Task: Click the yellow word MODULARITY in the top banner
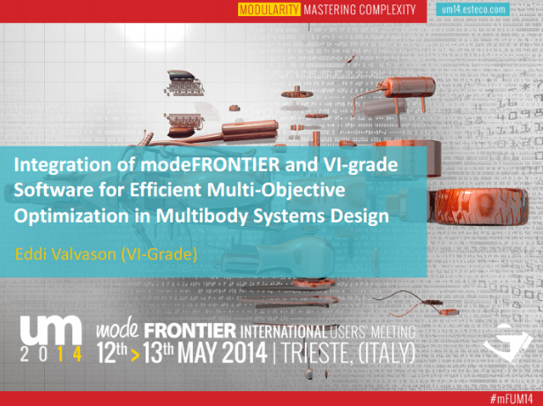269,10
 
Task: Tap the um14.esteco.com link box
473,10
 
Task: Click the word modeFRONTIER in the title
210,165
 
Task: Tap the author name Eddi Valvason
65,254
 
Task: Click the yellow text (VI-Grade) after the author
159,254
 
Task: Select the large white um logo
50,330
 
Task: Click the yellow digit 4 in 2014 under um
78,354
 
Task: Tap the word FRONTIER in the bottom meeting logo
190,331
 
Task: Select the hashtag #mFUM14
511,399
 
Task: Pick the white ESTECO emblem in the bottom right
508,343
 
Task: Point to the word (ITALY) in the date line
386,353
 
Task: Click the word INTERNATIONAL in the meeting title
283,332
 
